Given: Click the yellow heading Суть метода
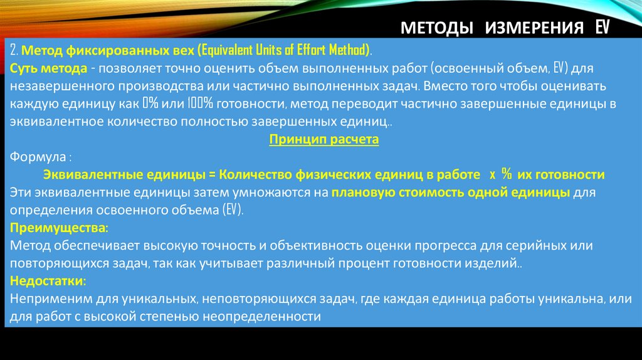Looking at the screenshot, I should (x=48, y=68).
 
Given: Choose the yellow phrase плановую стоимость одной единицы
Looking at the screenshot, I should (x=451, y=193).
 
